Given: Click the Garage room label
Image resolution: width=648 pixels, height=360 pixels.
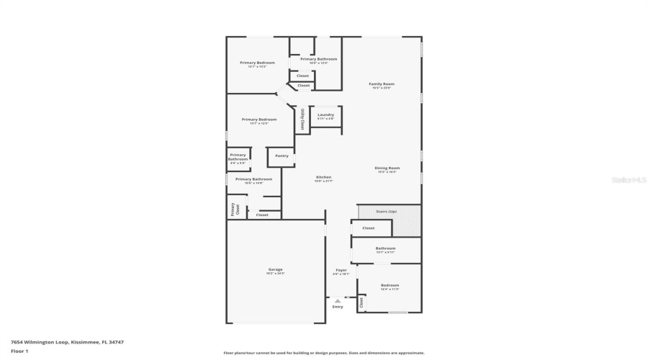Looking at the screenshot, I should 276,270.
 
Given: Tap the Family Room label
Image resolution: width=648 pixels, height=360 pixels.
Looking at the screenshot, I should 382,84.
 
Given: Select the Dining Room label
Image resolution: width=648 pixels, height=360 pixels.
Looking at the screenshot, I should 387,168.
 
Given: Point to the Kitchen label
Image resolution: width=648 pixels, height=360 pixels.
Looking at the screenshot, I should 323,178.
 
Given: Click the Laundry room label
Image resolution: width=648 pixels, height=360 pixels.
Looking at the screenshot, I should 325,115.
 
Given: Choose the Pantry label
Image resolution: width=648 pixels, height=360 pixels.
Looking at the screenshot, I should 282,156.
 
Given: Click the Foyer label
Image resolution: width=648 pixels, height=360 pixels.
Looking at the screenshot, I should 341,271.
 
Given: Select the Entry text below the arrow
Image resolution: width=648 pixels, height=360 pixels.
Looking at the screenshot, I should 338,307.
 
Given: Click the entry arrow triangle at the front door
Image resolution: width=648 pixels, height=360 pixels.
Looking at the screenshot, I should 338,300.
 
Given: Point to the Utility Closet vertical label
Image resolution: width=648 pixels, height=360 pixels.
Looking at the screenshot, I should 302,120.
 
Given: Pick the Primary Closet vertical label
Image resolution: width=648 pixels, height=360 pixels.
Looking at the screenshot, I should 233,209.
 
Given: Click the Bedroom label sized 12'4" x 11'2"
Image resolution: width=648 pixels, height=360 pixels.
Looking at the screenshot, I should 389,286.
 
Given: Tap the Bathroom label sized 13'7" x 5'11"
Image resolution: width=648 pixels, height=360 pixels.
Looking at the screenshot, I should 385,249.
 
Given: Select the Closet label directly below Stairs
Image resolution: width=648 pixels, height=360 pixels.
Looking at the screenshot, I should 368,228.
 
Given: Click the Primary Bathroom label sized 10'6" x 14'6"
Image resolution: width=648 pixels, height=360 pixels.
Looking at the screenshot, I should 253,179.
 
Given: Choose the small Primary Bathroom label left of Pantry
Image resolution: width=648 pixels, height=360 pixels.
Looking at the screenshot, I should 238,157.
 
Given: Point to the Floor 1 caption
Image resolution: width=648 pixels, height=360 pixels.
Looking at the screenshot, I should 19,351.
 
